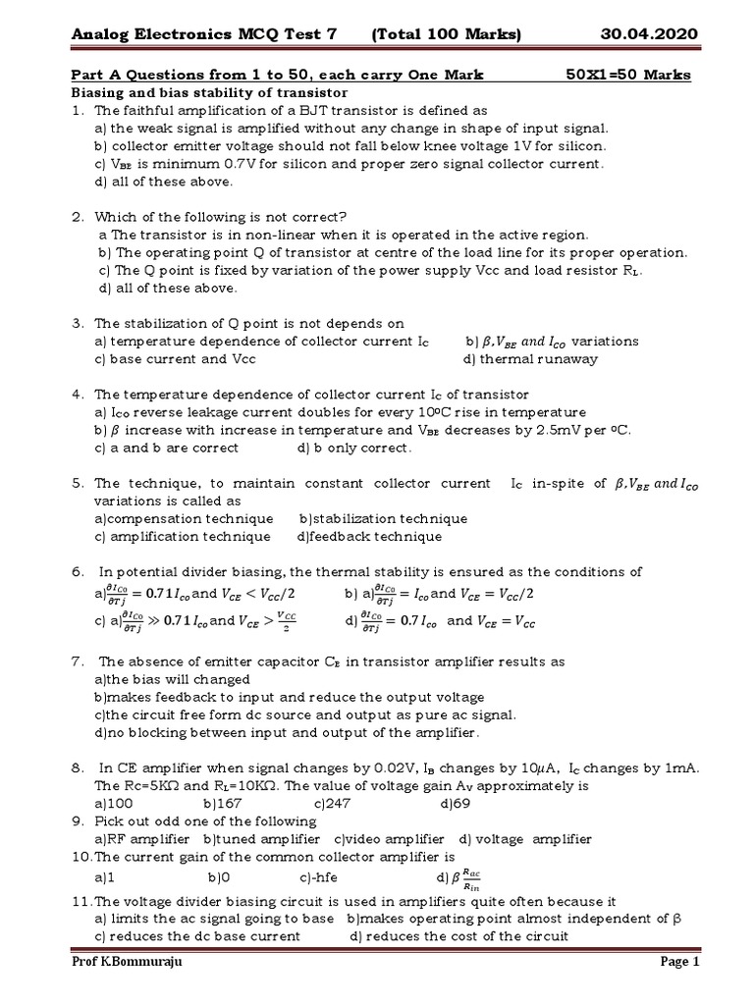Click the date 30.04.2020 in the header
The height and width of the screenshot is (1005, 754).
tap(649, 35)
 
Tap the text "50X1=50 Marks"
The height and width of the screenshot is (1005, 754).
tap(628, 76)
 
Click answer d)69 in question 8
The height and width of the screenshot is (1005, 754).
tap(457, 804)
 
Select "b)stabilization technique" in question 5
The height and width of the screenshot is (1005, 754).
tap(383, 519)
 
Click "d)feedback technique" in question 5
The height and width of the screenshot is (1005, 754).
tap(369, 537)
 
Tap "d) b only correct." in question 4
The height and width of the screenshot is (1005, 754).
tap(354, 448)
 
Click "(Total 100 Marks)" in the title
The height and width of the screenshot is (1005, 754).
tap(447, 35)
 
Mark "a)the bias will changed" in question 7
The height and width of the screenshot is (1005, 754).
tap(173, 679)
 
